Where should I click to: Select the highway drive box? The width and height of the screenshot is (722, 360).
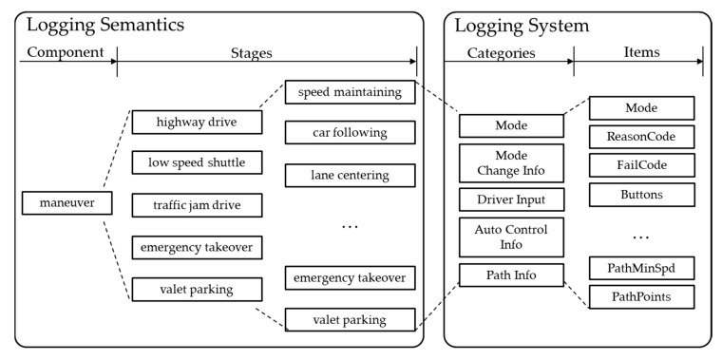pos(197,123)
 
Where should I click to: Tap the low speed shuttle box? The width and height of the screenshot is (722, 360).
pos(197,163)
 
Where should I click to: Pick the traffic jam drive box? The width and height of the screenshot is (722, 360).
pos(197,204)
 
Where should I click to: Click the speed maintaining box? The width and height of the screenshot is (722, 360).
pos(351,93)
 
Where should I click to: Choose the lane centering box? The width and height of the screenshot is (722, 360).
pos(351,176)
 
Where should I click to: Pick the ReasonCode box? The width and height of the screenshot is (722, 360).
pos(641,137)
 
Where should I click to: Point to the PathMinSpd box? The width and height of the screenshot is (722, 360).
pos(641,268)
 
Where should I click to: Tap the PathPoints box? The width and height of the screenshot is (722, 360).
pos(641,297)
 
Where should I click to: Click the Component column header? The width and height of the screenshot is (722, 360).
pos(66,53)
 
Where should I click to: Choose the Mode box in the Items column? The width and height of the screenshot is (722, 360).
pos(641,107)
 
